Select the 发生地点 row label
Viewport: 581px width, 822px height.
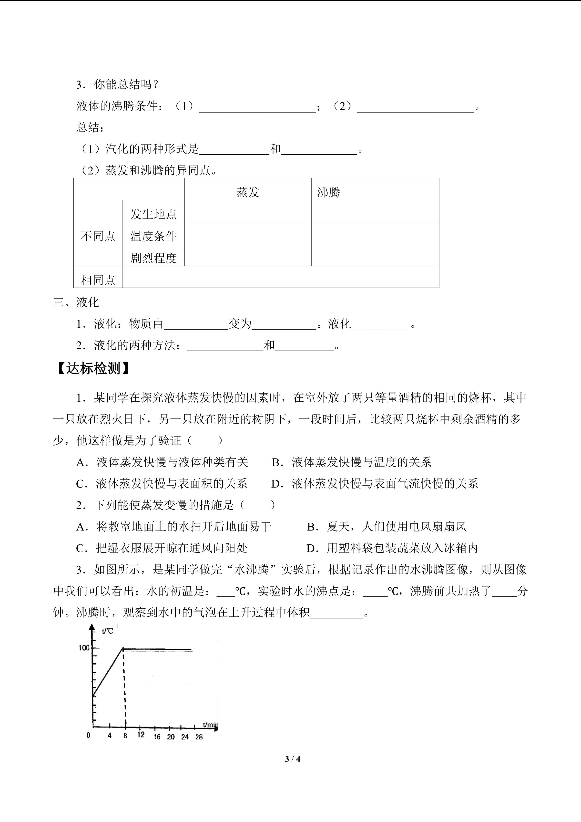point(153,214)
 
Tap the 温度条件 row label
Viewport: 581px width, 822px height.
point(153,236)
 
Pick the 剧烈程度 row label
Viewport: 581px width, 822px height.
point(153,258)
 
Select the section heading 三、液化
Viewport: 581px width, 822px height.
point(76,302)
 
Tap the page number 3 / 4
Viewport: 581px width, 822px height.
point(292,759)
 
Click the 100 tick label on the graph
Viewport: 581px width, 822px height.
point(84,648)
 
